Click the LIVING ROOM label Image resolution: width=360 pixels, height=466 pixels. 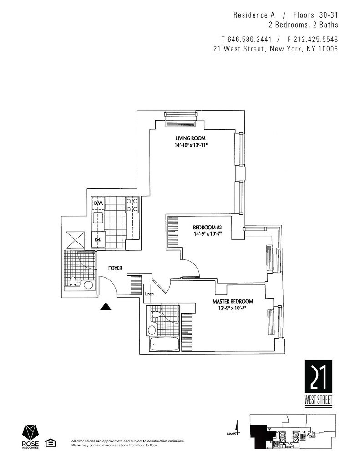(x=191, y=138)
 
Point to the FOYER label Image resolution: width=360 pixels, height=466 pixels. (x=116, y=268)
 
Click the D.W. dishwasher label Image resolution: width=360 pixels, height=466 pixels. (x=97, y=203)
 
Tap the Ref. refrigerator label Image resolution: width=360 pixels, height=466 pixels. (x=97, y=239)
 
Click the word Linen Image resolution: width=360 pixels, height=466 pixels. (x=149, y=294)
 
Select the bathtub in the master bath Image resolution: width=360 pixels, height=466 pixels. (x=164, y=344)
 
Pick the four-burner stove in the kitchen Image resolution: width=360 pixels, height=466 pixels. (x=132, y=205)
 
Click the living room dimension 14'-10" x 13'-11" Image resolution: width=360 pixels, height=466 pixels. (x=191, y=146)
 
